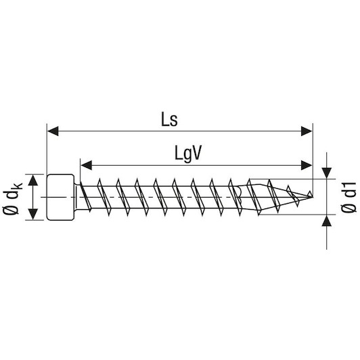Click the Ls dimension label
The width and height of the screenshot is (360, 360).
coord(169,120)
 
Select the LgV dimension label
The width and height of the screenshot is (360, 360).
coord(188,154)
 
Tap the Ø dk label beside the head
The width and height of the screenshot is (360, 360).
coord(12,198)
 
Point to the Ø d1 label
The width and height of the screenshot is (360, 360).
coord(348,197)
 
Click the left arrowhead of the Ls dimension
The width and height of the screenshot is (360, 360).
coord(53,131)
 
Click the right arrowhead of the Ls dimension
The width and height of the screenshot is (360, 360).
coord(307,131)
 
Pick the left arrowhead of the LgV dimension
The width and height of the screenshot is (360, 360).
coord(87,165)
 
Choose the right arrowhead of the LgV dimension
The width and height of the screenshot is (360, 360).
coord(307,165)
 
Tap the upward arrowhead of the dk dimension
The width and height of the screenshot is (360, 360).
coord(33,180)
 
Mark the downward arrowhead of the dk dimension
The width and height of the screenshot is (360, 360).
coord(33,215)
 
